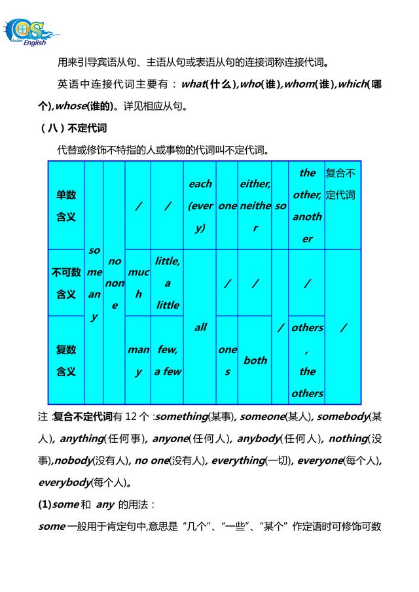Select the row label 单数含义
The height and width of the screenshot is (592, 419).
coord(66,205)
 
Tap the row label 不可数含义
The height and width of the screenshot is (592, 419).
coord(66,283)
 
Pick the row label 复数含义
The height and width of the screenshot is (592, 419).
coord(66,360)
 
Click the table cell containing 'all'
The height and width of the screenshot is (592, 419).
coord(200,326)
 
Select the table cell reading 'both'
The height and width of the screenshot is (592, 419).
coord(255,360)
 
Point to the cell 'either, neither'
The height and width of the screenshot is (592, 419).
coord(255,205)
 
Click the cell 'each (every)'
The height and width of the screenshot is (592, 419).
coord(200,205)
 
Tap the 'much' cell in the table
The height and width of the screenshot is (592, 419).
coord(137,283)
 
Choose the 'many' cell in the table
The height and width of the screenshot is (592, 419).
coord(137,360)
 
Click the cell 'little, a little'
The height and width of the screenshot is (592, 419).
coord(167,283)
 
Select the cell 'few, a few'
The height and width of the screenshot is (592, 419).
coord(167,360)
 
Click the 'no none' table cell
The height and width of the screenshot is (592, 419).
coord(115,283)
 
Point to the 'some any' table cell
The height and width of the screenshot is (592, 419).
coord(94,283)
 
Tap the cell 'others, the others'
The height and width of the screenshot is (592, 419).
coord(307,360)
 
